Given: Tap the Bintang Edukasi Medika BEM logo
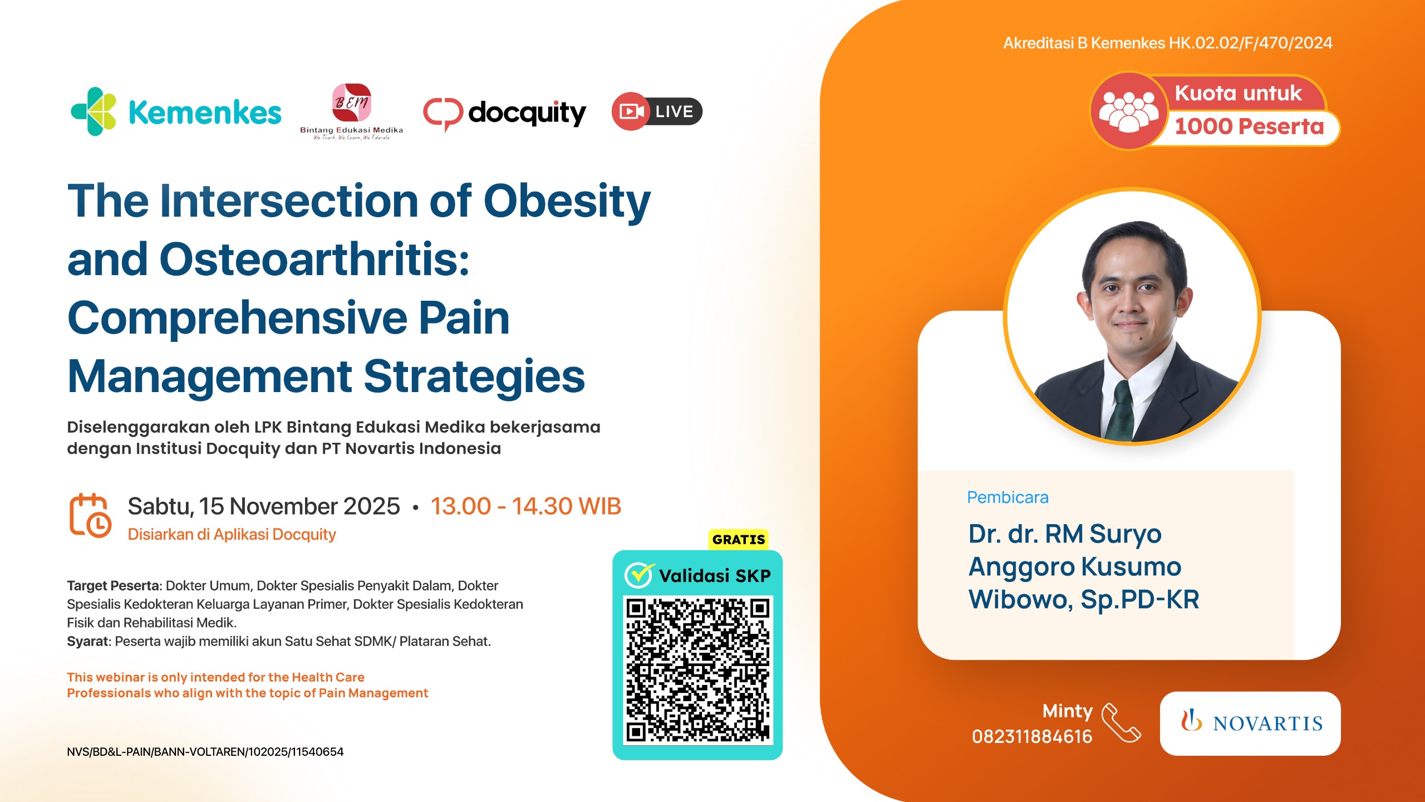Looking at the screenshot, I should coord(351,104).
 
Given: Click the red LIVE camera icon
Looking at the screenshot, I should coord(631,111).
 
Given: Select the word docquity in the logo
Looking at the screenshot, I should coord(527,113).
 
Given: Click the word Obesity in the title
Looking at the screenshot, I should coord(567,202).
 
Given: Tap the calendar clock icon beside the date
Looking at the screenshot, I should coord(90,515).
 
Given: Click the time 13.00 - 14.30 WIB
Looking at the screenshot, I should coord(525,506).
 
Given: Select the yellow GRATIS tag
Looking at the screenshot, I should coord(738,539).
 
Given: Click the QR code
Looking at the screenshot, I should coord(697,670).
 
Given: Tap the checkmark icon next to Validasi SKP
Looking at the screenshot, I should coord(639,575).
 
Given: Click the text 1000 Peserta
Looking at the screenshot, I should coord(1249,127).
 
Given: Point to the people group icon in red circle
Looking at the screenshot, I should coord(1128,111).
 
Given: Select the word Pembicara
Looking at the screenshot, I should coord(1008,497).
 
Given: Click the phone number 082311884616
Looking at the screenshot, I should coord(1031,737).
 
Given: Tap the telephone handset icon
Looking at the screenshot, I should coord(1121,723).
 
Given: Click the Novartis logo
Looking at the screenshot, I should coord(1250,723).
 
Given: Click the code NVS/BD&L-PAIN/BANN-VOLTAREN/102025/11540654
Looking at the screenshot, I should coord(205,752).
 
